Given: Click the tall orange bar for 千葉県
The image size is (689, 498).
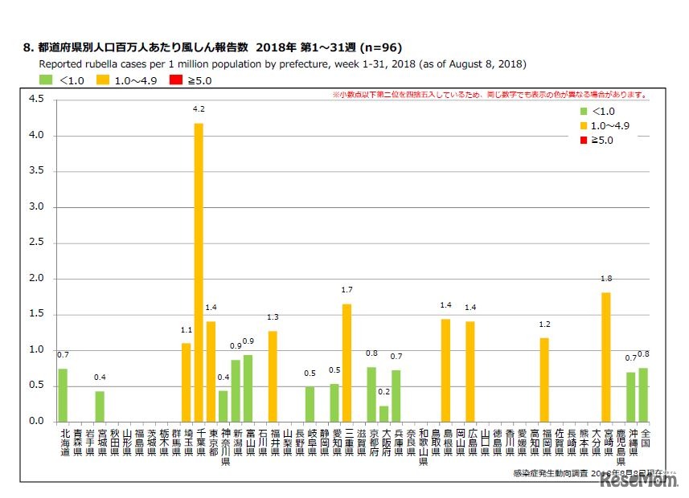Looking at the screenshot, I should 199,272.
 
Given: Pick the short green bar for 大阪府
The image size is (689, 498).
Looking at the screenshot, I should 383,414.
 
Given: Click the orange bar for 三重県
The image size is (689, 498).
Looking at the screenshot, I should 347,362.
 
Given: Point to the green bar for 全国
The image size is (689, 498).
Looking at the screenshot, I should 643,394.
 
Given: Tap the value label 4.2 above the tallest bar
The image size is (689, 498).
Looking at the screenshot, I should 199,108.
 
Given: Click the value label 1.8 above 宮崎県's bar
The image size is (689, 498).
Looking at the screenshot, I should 605,278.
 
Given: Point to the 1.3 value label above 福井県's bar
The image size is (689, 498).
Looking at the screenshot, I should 273,316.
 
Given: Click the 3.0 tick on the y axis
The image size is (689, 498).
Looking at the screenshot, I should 37,207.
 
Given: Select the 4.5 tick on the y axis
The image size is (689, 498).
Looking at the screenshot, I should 37,100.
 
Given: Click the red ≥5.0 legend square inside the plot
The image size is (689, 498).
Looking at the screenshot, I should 584,141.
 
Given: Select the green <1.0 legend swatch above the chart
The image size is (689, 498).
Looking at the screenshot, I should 46,80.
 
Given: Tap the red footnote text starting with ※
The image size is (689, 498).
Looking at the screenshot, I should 490,95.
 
